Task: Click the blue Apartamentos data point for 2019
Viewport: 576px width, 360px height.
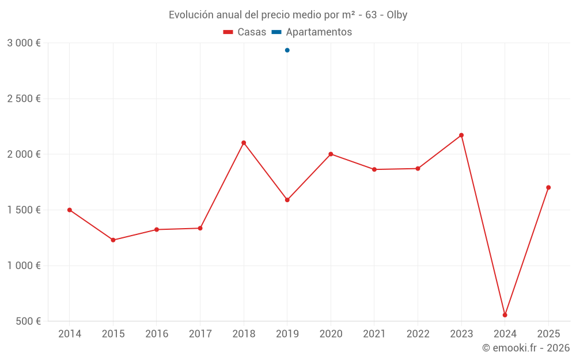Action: pos(287,50)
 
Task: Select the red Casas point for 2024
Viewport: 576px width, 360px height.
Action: pos(505,315)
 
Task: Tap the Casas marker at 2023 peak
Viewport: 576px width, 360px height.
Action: pos(461,135)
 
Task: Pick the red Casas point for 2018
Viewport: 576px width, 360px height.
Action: pos(244,143)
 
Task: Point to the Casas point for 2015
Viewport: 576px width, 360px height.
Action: pos(113,240)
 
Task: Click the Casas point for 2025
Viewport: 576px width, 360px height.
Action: pos(548,187)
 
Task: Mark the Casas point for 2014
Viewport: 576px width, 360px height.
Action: pos(70,210)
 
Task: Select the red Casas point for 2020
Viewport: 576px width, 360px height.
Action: pos(331,154)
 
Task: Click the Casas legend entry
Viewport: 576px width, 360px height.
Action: pos(245,32)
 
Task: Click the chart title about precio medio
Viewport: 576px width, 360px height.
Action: pos(287,15)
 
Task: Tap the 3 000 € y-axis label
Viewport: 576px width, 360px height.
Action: pos(24,43)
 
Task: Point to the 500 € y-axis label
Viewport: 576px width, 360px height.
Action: pos(27,321)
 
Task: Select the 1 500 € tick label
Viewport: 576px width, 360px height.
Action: pos(24,210)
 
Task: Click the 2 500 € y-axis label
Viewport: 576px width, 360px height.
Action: pos(24,98)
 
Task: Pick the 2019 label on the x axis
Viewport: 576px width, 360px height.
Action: pos(287,334)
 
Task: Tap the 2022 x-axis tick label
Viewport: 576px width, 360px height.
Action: pos(418,334)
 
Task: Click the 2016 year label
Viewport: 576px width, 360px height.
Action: pos(157,334)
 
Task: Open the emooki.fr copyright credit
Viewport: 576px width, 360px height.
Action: pos(525,348)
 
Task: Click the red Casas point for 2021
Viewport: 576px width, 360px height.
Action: pos(374,169)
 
